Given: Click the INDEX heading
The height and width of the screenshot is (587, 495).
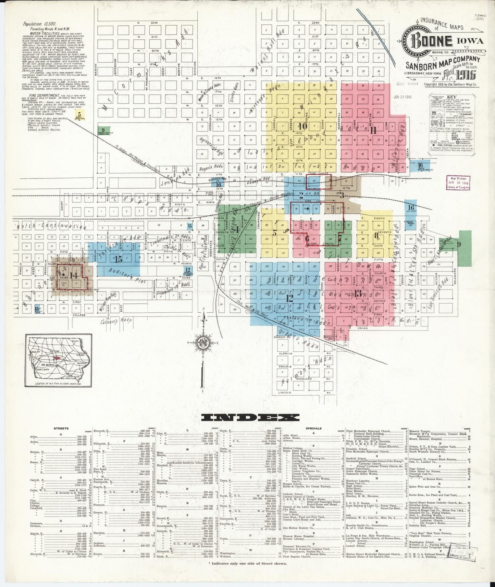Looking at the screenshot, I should point(250,417).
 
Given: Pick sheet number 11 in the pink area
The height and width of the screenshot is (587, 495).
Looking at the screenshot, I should point(374,130).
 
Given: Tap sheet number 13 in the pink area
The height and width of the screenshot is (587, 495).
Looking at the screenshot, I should point(358,293).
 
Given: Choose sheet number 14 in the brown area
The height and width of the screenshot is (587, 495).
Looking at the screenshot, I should point(73,275).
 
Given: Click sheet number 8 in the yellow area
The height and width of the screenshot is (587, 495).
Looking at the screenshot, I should point(376,235).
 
